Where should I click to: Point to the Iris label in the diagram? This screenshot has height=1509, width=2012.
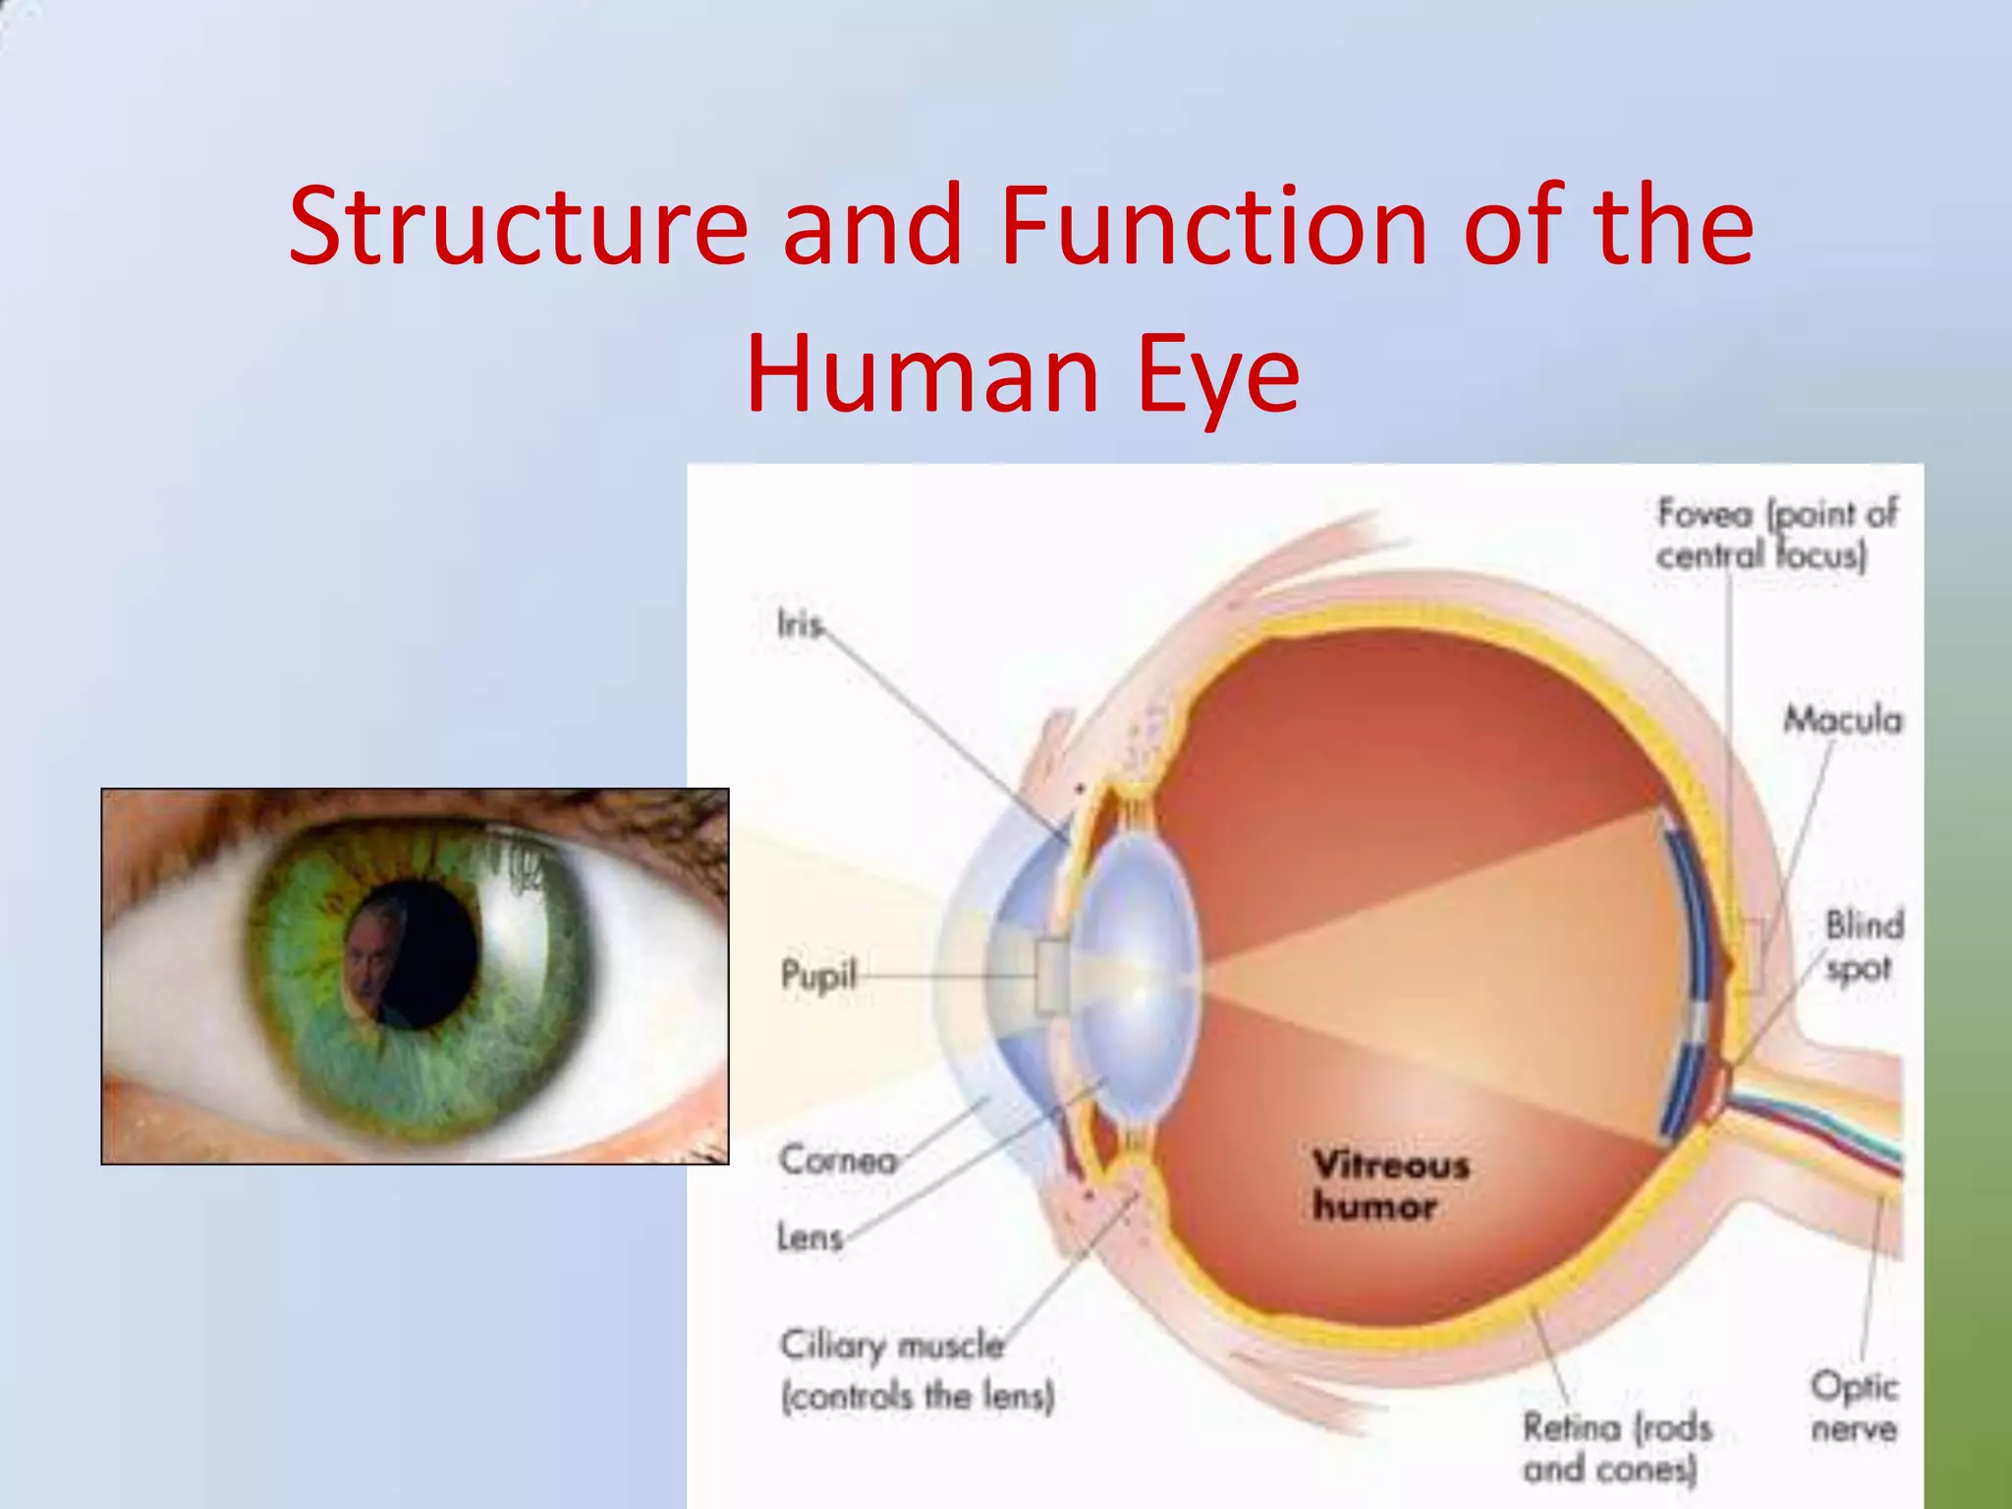(x=799, y=624)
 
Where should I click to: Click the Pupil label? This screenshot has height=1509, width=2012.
(x=817, y=976)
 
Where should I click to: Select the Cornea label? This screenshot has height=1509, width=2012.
(x=837, y=1160)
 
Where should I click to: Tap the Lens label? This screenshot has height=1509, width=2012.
(x=810, y=1237)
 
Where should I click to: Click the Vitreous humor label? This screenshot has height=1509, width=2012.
(x=1389, y=1186)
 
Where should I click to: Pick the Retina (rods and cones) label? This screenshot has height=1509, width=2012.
(x=1616, y=1447)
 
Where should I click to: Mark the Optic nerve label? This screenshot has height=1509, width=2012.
(x=1853, y=1407)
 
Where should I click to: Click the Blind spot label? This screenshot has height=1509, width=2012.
(x=1863, y=945)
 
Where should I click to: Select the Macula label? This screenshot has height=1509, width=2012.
(x=1842, y=720)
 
